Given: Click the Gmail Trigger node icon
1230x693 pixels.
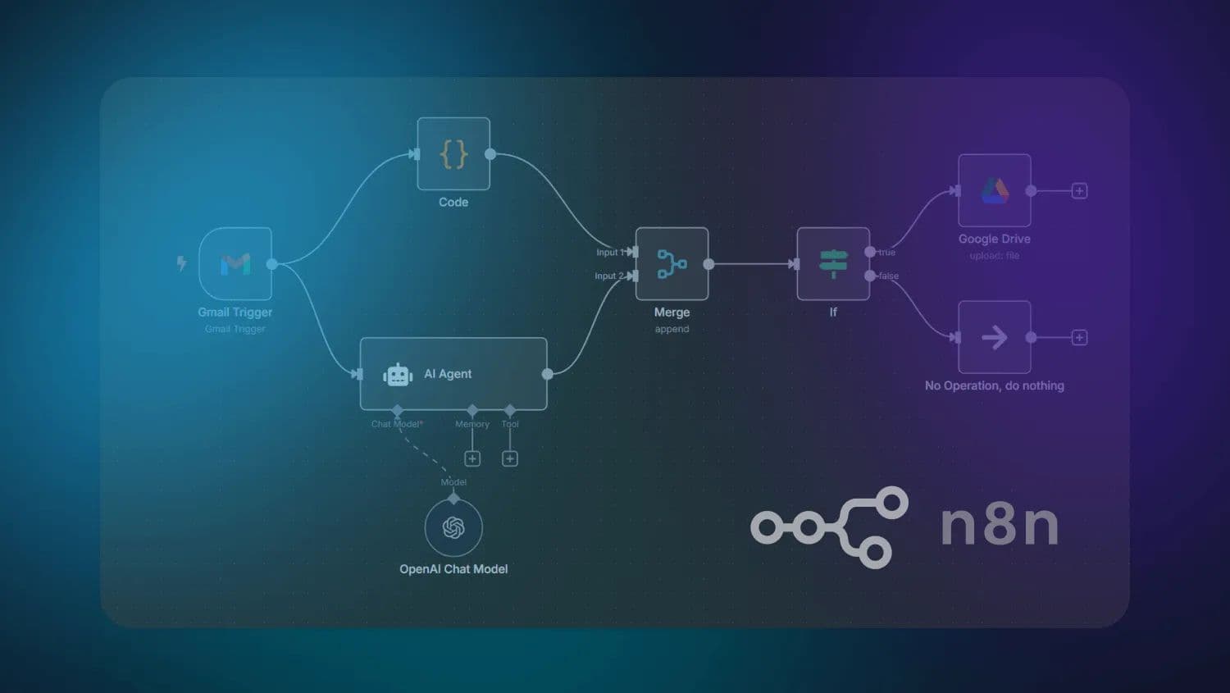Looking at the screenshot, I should [x=235, y=264].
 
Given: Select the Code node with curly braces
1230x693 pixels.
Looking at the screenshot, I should [x=453, y=154].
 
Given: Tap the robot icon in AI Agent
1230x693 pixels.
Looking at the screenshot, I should [x=398, y=375].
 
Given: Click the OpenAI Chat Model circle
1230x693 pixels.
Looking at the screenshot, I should [x=453, y=527].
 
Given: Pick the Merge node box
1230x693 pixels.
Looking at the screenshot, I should [x=672, y=264].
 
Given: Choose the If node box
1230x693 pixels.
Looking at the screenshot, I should [x=833, y=264].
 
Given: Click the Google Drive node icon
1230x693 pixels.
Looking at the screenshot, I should [x=995, y=191].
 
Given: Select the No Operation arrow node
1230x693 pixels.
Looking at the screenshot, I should [x=995, y=337].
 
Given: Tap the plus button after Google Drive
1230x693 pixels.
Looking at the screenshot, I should [x=1080, y=191].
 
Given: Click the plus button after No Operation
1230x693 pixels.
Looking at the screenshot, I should [x=1080, y=338].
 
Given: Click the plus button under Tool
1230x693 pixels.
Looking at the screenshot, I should [x=510, y=458].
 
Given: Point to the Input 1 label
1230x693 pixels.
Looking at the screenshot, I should [x=609, y=253].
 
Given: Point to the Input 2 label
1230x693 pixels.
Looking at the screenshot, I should [x=608, y=276].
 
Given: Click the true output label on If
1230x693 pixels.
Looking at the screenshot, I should [x=887, y=253].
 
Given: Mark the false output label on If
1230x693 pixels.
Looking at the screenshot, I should [x=889, y=276].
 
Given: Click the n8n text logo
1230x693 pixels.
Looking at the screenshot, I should [x=1000, y=525].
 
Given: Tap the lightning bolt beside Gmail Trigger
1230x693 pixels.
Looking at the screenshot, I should [x=182, y=263].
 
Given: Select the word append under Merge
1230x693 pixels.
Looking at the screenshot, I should [x=672, y=329].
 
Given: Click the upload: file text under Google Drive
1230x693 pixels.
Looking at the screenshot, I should [x=995, y=256].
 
